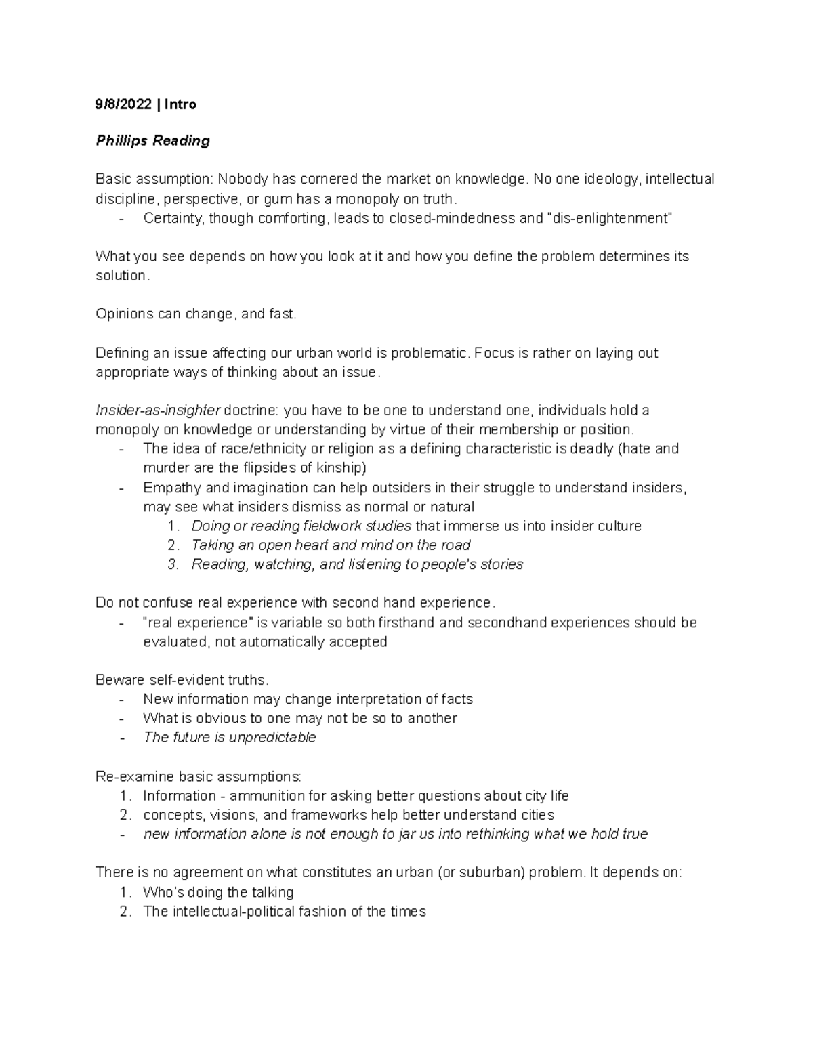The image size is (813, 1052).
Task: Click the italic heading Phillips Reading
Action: pos(152,141)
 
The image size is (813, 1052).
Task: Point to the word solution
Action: pos(120,276)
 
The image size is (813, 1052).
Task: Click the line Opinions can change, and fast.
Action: pos(196,314)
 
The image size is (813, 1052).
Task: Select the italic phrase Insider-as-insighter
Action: pos(158,411)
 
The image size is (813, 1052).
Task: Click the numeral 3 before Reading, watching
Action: pos(172,564)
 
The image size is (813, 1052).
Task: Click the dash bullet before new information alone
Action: pos(121,835)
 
